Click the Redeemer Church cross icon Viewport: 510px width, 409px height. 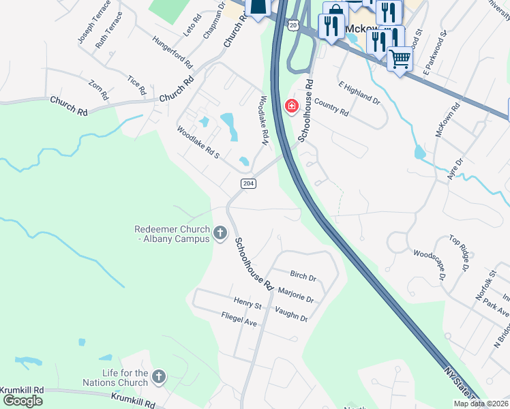tap(220, 234)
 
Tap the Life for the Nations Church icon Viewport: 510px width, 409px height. tap(159, 377)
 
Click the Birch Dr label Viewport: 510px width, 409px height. tap(303, 277)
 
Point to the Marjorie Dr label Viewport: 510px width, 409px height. tap(296, 294)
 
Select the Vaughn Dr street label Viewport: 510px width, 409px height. tap(291, 313)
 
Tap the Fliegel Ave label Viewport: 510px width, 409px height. tap(239, 318)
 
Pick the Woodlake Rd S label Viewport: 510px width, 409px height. tap(198, 142)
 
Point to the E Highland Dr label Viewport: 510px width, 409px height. tap(359, 91)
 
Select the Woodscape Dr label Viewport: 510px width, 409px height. tap(429, 264)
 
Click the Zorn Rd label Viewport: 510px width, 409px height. tap(99, 90)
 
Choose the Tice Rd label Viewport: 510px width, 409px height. tap(137, 85)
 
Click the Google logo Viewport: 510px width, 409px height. tap(22, 401)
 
